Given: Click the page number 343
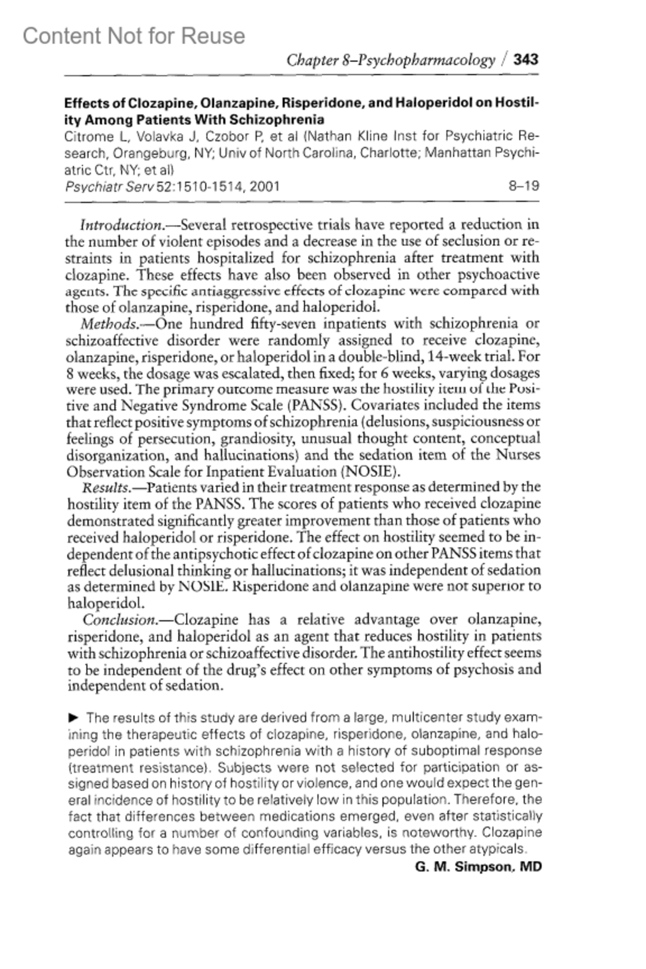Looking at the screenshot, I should pyautogui.click(x=525, y=59).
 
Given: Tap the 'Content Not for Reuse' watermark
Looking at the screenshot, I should pyautogui.click(x=134, y=36).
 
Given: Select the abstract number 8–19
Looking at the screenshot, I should pyautogui.click(x=523, y=186).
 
